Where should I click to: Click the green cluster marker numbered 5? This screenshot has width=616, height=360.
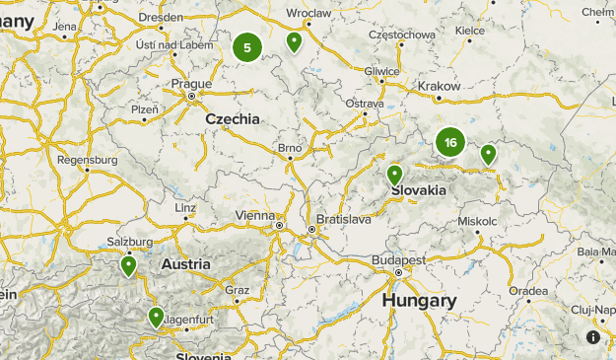pyautogui.click(x=247, y=46)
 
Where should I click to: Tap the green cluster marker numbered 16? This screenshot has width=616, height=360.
pyautogui.click(x=450, y=142)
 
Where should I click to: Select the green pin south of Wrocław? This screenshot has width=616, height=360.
pyautogui.click(x=294, y=41)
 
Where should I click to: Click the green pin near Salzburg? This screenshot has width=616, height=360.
pyautogui.click(x=128, y=265)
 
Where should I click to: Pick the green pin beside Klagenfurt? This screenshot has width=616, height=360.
pyautogui.click(x=156, y=317)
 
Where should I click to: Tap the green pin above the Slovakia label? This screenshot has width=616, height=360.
pyautogui.click(x=395, y=175)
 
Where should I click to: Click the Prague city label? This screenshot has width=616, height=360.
pyautogui.click(x=191, y=84)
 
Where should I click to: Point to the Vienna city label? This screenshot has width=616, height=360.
pyautogui.click(x=256, y=215)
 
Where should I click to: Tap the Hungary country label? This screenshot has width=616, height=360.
pyautogui.click(x=419, y=300)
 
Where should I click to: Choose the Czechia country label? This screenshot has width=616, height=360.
pyautogui.click(x=233, y=118)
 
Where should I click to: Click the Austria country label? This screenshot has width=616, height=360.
pyautogui.click(x=185, y=264)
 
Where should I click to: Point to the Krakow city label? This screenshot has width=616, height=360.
pyautogui.click(x=440, y=86)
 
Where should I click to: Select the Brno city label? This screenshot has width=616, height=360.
pyautogui.click(x=289, y=149)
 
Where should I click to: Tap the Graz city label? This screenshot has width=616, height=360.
pyautogui.click(x=237, y=290)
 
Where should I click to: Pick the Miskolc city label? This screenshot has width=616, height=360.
pyautogui.click(x=478, y=221)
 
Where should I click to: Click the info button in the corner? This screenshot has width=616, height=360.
pyautogui.click(x=593, y=337)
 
